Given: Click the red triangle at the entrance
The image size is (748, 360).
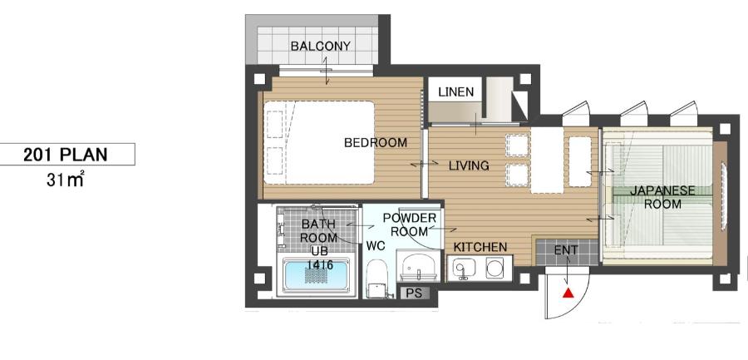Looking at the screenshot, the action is coord(568,293).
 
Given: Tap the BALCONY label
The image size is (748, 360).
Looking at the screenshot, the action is coord(321,47).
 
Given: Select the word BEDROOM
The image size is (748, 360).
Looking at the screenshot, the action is coord(376,142).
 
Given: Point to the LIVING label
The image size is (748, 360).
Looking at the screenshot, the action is coord(469,165).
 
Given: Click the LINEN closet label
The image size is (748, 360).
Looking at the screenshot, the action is coord(456,91).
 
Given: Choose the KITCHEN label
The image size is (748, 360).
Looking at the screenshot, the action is coord(480,247).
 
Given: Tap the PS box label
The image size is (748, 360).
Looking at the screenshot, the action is coord(414,293).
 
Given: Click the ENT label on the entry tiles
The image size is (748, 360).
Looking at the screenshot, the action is coord(566,250).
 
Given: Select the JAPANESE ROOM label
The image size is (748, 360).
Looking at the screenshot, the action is coord(662,197).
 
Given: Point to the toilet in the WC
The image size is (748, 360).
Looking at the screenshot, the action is coord(376,279).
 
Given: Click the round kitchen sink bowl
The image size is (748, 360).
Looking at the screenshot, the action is coord(461,267).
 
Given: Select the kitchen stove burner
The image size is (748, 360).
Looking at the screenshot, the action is coord(494,268).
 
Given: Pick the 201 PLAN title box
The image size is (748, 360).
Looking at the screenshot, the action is coord(67,154).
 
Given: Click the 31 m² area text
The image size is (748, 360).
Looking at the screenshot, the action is coord(66,180).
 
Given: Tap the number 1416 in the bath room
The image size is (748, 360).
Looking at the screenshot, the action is coord(320,264).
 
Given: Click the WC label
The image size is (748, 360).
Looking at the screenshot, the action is coord(376,246).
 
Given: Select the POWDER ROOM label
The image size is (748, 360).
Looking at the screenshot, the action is coord(409,224).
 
